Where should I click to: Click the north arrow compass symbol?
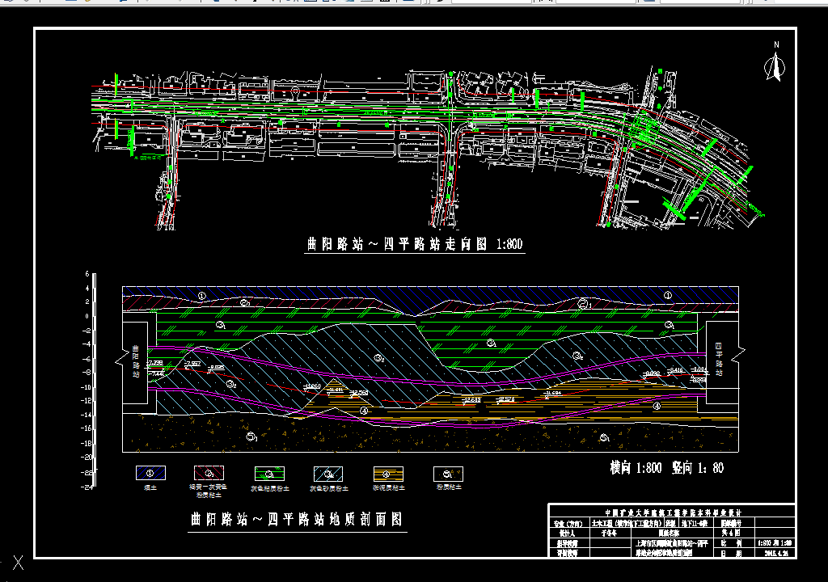pos(775,66)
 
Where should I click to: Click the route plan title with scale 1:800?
pos(415,244)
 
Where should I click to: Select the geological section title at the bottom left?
pos(296,519)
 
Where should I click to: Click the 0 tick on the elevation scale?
pos(87,316)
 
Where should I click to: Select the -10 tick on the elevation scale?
pos(85,386)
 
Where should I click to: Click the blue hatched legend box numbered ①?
pos(150,473)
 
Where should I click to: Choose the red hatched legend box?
pos(209,473)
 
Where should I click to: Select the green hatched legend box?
pos(269,473)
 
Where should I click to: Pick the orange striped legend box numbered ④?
pos(388,473)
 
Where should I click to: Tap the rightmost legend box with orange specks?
pos(448,473)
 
